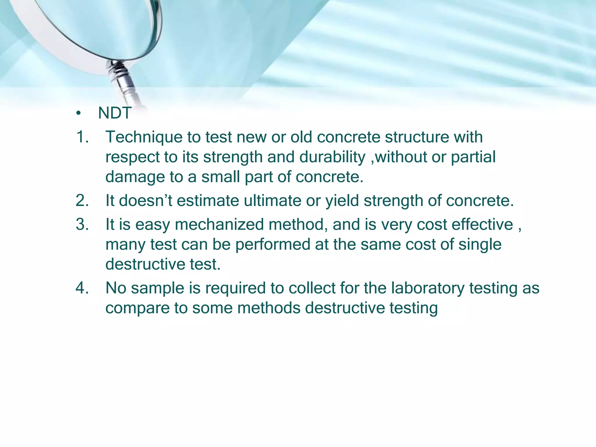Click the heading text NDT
(115, 113)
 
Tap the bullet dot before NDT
(78, 113)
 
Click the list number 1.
(82, 137)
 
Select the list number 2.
(82, 201)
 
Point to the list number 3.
(82, 225)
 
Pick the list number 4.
(82, 288)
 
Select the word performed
(273, 244)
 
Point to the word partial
(473, 157)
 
